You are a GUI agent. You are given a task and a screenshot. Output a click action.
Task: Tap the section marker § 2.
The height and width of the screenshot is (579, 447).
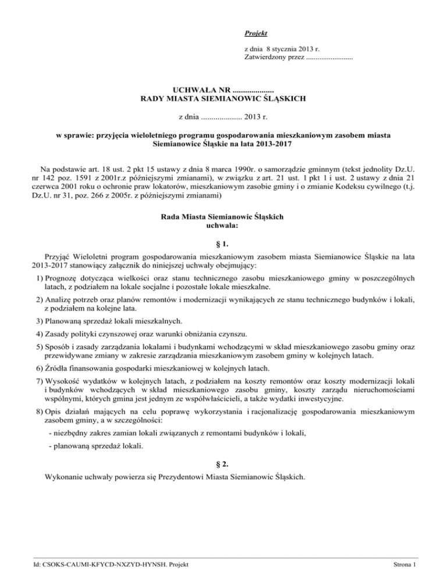[x=223, y=464]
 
